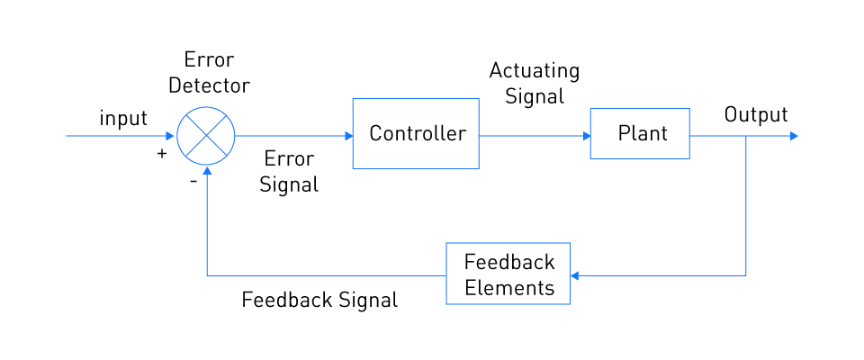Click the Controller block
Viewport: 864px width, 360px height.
[416, 133]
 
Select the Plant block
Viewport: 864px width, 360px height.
[640, 133]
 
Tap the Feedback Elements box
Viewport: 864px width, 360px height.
[508, 274]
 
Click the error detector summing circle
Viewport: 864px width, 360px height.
[205, 136]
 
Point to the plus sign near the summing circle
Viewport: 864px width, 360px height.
[161, 154]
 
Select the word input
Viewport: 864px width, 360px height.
[123, 118]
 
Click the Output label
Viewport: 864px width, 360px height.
[756, 114]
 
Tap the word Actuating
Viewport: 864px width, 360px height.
[535, 72]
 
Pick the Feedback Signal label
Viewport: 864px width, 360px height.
[319, 300]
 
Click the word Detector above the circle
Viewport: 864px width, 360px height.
[210, 85]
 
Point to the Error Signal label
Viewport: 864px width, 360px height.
[289, 172]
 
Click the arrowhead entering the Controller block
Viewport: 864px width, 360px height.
[349, 136]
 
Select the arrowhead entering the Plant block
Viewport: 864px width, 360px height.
[587, 136]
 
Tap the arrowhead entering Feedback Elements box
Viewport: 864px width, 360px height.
[575, 275]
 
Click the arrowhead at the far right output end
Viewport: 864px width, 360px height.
[794, 136]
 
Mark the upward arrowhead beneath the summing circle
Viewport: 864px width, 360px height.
[207, 170]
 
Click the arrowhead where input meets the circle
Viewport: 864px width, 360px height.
[170, 136]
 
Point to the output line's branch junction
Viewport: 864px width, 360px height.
[745, 136]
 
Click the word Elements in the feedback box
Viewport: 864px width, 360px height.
[509, 287]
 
